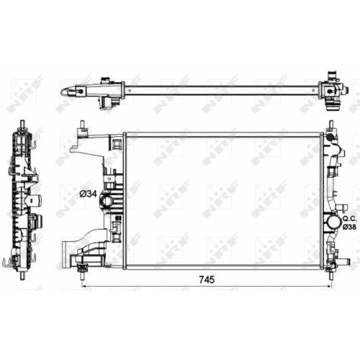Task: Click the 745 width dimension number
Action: tap(207, 279)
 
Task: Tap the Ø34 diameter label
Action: tap(88, 194)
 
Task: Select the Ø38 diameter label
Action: tap(349, 226)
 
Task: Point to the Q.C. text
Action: tap(349, 219)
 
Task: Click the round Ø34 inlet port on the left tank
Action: tap(106, 200)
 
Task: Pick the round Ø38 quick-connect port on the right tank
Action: tap(331, 222)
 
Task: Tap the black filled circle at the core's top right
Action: tap(330, 138)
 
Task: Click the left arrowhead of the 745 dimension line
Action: tap(84, 286)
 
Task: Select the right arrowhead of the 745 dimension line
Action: tap(329, 286)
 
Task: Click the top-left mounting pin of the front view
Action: tap(82, 125)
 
